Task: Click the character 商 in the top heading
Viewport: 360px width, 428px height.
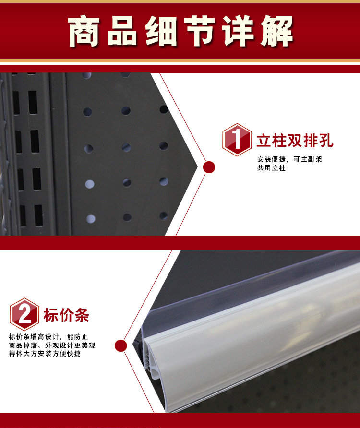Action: pyautogui.click(x=84, y=31)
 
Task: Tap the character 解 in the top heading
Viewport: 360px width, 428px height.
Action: pyautogui.click(x=276, y=31)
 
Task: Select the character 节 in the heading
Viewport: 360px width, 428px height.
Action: pyautogui.click(x=199, y=31)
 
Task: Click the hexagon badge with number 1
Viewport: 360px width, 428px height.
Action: pyautogui.click(x=237, y=140)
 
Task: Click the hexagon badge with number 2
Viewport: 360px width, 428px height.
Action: pyautogui.click(x=24, y=314)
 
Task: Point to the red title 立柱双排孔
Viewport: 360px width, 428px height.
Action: pyautogui.click(x=295, y=141)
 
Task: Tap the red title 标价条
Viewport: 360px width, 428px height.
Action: pyautogui.click(x=66, y=315)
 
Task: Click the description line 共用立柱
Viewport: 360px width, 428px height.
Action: pyautogui.click(x=271, y=168)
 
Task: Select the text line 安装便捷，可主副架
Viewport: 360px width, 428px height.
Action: pyautogui.click(x=289, y=159)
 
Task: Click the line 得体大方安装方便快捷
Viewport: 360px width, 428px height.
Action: pyautogui.click(x=45, y=354)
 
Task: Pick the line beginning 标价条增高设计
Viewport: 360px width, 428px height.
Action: pyautogui.click(x=48, y=337)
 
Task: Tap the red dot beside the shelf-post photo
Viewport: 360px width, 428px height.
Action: pyautogui.click(x=209, y=167)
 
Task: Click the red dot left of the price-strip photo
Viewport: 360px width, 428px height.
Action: pyautogui.click(x=121, y=345)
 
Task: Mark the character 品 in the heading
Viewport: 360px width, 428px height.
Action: pyautogui.click(x=122, y=31)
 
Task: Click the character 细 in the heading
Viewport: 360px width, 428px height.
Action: pyautogui.click(x=161, y=31)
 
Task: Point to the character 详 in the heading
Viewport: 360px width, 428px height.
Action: pyautogui.click(x=238, y=31)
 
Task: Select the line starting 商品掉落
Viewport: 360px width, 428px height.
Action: pyautogui.click(x=52, y=345)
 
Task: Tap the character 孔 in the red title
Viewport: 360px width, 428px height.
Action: pyautogui.click(x=326, y=141)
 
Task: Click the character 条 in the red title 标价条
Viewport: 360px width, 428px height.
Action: pyautogui.click(x=82, y=315)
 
